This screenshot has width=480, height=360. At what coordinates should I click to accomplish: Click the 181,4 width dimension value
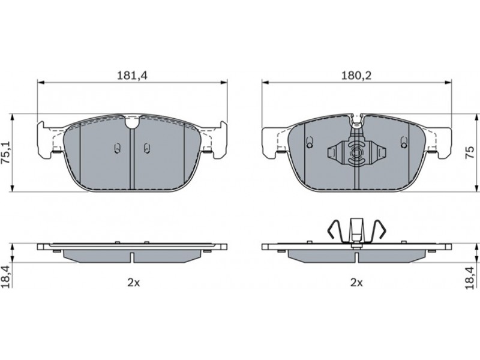pyautogui.click(x=132, y=76)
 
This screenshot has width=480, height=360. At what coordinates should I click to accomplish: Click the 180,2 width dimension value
pyautogui.click(x=356, y=76)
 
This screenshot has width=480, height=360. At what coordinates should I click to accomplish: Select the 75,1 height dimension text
pyautogui.click(x=7, y=153)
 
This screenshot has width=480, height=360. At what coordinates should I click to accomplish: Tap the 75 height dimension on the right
pyautogui.click(x=470, y=152)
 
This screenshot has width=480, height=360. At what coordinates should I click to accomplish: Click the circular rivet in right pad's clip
pyautogui.click(x=356, y=152)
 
